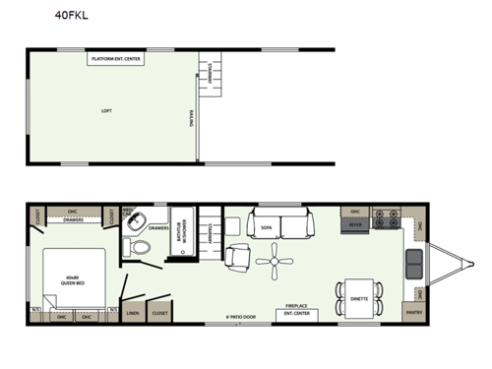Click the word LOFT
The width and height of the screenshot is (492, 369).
(106, 110)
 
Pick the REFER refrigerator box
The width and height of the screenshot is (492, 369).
(354, 224)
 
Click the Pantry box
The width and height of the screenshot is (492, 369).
(414, 314)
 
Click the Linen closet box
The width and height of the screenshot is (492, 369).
(133, 314)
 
